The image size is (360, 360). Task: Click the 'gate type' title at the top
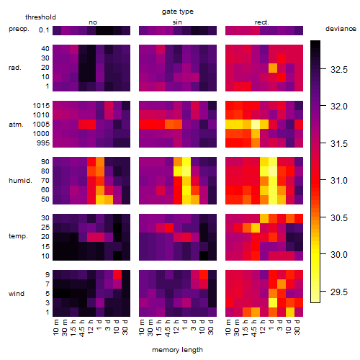point(178,12)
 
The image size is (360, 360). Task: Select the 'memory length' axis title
point(177,350)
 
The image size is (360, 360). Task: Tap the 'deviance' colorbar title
point(341,29)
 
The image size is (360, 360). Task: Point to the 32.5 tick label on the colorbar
point(339,70)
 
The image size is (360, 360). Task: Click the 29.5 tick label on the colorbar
point(339,292)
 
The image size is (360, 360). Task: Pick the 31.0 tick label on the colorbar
point(339,181)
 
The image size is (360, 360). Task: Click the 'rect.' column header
point(261,22)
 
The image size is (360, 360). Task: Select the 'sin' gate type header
point(177,22)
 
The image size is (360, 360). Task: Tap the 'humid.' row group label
point(20,181)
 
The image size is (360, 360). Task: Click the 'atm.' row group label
point(16,125)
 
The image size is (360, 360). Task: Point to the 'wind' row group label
point(17,294)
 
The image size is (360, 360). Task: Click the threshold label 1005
point(41,125)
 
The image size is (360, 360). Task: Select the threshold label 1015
point(41,106)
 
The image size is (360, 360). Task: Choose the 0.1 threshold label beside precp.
point(44,30)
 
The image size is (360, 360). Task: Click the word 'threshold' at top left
point(40,17)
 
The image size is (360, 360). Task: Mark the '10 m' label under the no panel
point(56,327)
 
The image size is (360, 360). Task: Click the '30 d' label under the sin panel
point(211,327)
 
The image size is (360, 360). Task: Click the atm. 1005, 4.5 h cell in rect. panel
point(256,125)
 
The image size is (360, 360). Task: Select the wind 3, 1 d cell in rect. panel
point(273,303)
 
